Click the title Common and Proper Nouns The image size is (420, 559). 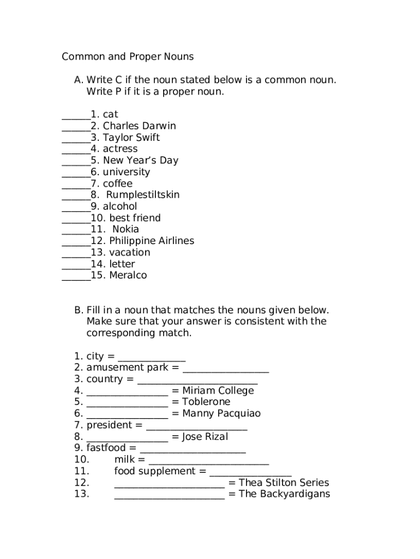[x=128, y=57]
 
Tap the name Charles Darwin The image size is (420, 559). [x=139, y=126]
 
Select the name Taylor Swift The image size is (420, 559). [x=131, y=138]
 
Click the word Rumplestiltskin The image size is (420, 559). [x=142, y=195]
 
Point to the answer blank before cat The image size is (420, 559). [x=76, y=117]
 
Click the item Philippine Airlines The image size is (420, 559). [x=151, y=241]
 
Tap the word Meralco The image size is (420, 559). [x=128, y=275]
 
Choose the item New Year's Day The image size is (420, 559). [x=140, y=160]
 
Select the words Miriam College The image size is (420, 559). [x=218, y=391]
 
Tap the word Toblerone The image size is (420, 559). [x=206, y=402]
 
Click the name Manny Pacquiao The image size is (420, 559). [x=221, y=414]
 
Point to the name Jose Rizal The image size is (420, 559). [x=205, y=437]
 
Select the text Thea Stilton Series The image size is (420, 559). [x=284, y=483]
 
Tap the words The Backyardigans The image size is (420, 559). [x=284, y=494]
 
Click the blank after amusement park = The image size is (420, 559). [x=226, y=371]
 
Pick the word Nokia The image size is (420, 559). [x=125, y=229]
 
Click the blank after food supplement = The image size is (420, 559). [x=250, y=474]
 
